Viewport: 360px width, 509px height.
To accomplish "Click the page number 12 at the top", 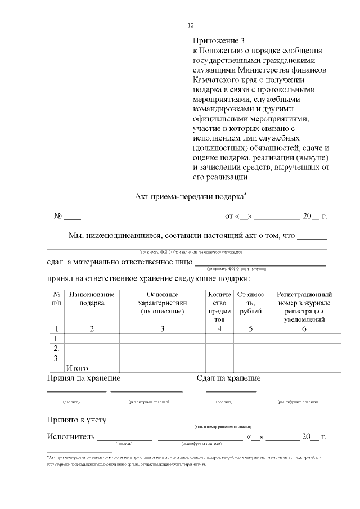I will [190, 25].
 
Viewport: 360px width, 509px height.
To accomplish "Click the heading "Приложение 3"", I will [219, 41].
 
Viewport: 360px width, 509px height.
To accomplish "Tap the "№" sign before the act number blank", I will [57, 217].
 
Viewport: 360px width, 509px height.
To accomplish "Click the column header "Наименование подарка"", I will [92, 299].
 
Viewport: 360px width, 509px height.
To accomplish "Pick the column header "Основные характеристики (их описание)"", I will [162, 303].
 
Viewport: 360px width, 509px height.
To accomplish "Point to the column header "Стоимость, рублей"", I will [250, 303].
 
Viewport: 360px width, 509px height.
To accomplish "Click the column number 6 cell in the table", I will [304, 329].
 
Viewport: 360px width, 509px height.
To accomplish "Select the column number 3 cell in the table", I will [162, 329].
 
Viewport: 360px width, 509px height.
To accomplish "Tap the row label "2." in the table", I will [56, 348].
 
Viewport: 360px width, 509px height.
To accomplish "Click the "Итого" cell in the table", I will [78, 368].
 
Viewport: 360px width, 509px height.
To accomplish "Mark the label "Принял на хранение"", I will [83, 379].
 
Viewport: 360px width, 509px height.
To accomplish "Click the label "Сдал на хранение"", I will [228, 379].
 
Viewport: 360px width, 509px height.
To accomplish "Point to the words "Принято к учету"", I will [76, 420].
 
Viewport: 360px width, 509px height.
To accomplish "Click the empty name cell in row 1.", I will [92, 339].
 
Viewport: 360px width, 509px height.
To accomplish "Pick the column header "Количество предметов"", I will [219, 307].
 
